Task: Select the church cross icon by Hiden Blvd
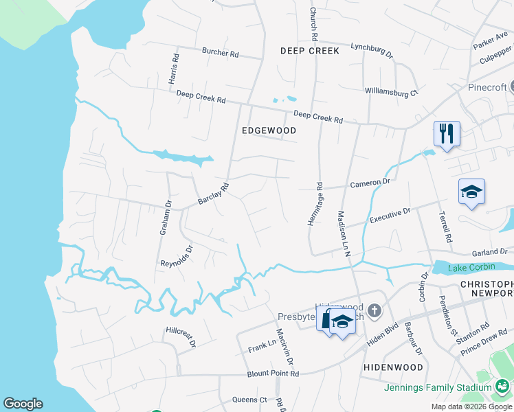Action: (x=375, y=312)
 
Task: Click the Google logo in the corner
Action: (x=23, y=404)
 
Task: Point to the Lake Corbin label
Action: (x=471, y=267)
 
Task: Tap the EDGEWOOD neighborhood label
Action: (x=269, y=130)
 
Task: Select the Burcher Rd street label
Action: (x=220, y=51)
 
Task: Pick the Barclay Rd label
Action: (x=212, y=194)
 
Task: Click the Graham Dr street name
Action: (x=165, y=218)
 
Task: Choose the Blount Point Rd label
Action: (x=273, y=374)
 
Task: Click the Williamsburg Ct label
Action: (x=391, y=91)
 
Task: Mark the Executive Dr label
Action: (x=389, y=216)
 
